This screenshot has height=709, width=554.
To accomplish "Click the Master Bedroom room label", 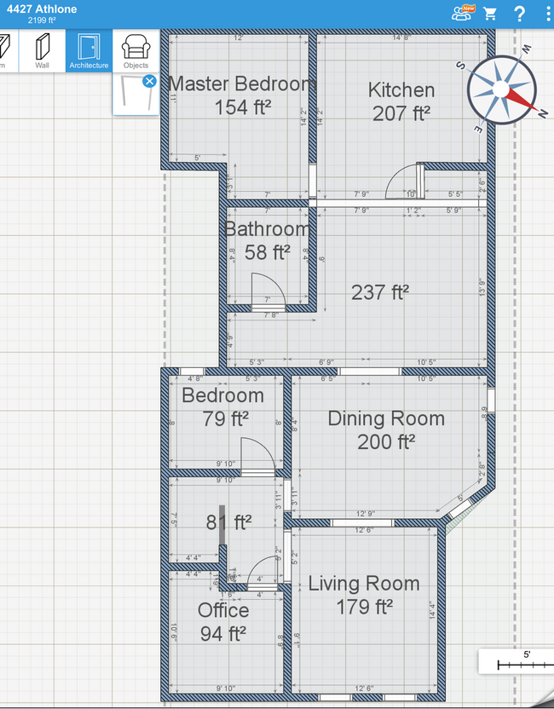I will (243, 84).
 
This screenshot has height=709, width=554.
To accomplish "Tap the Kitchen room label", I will (401, 90).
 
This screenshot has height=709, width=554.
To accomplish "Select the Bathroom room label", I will (267, 229).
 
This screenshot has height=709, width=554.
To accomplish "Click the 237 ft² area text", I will (380, 292).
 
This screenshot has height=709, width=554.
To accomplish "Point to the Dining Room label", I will (386, 418).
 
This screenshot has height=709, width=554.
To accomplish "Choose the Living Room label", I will (363, 584).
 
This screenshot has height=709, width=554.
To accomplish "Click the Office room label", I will (223, 610).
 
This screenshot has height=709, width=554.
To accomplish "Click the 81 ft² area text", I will (228, 522).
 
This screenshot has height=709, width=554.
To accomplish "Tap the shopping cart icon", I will (490, 14).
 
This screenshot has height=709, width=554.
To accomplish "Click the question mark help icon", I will (519, 14).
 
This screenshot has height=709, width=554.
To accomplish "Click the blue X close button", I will (149, 81).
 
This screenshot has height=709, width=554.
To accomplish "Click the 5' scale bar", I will (515, 661).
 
